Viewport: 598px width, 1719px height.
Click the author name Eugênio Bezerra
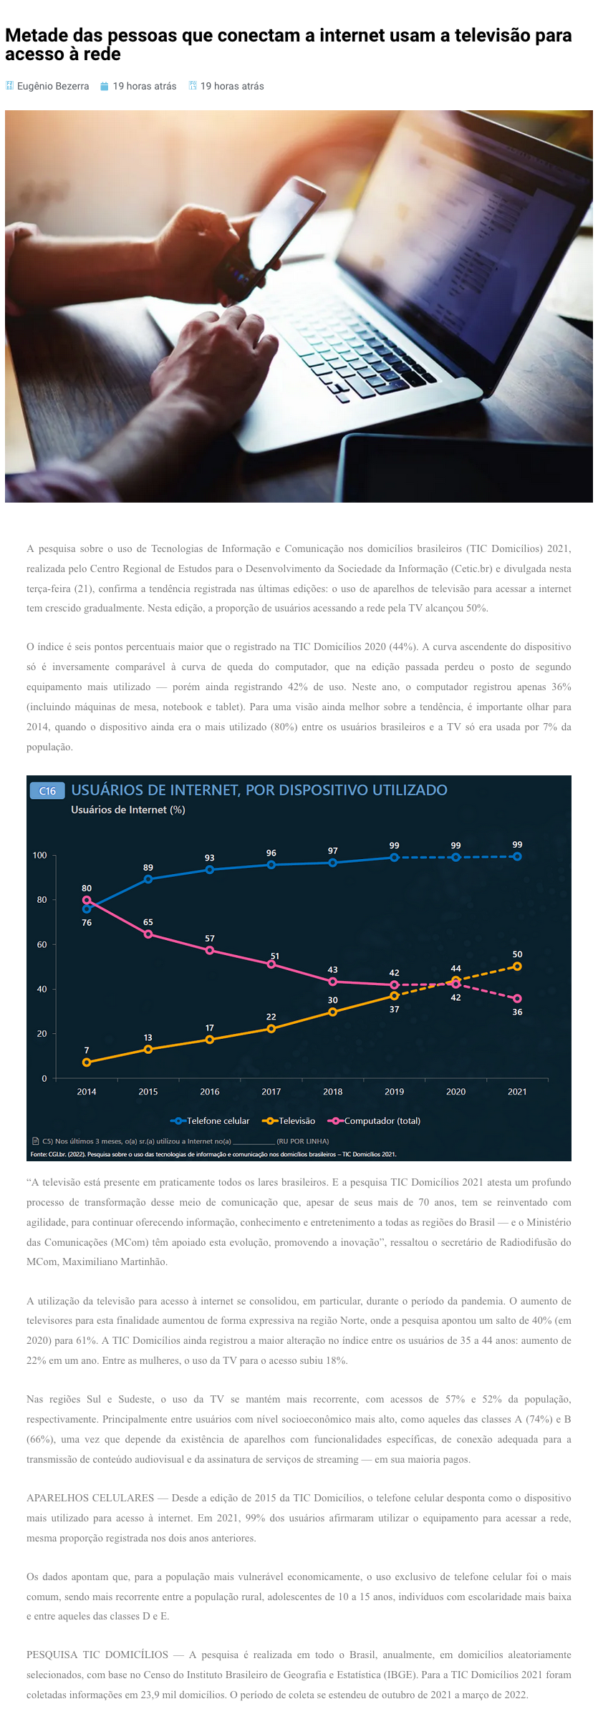(53, 86)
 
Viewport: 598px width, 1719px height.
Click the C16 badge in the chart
(47, 790)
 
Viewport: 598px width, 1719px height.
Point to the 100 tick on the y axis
(39, 855)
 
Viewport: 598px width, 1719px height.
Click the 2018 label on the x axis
(332, 1091)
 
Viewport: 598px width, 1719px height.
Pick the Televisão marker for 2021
(517, 966)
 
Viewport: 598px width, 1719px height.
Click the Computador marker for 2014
(87, 900)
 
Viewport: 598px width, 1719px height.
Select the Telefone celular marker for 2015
(148, 879)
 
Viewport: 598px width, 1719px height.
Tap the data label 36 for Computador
(517, 1012)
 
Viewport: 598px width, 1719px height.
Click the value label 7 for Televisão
(87, 1050)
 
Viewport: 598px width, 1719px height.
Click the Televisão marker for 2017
(271, 1029)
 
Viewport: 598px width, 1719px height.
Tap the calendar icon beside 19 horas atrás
(104, 86)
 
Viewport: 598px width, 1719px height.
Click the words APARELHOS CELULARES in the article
(90, 1498)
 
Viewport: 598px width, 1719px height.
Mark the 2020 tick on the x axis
(455, 1091)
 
